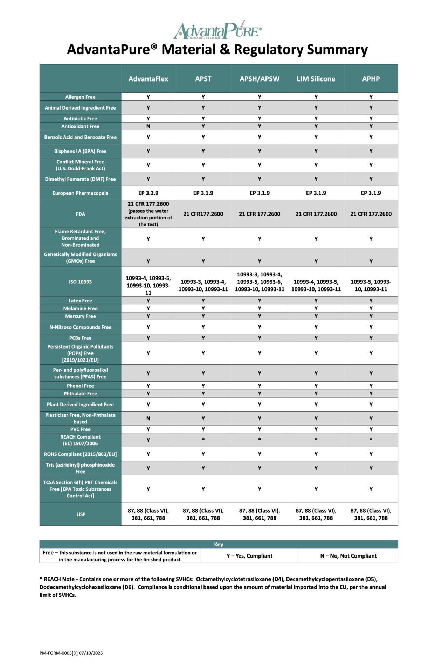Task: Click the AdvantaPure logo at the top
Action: [217, 30]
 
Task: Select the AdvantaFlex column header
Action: [148, 79]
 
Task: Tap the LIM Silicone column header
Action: [316, 79]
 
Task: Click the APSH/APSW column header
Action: [260, 79]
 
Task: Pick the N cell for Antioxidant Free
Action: [148, 126]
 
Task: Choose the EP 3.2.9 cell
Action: [148, 193]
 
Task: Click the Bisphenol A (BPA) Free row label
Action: [80, 151]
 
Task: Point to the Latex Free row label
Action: [80, 301]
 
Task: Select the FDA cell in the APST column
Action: [203, 214]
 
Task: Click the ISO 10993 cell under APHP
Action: [371, 285]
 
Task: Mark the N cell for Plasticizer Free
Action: [148, 419]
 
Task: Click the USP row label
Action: [81, 514]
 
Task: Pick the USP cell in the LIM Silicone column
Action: [316, 514]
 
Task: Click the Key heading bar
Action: [219, 544]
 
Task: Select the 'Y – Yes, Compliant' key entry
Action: [249, 556]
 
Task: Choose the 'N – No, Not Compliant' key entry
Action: [348, 556]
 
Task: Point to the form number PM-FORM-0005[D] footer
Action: [71, 653]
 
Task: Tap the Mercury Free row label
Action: [80, 316]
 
